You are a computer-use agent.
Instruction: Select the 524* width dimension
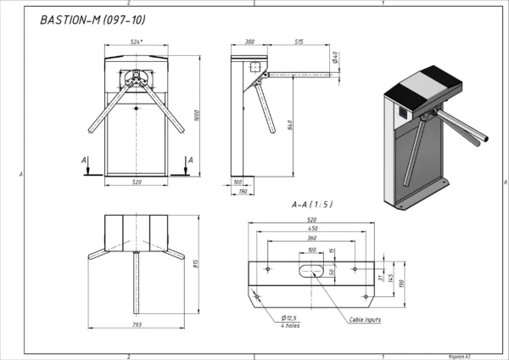pos(136,42)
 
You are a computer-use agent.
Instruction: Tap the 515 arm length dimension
pos(299,42)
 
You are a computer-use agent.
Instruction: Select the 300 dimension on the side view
pos(250,42)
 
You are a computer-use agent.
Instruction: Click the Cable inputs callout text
pos(365,320)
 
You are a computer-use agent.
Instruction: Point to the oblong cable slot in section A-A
pos(311,271)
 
